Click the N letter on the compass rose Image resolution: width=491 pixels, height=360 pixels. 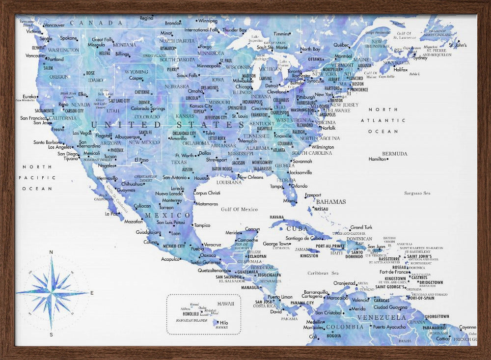point(51,252)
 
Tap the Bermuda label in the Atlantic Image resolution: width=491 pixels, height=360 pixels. point(395,153)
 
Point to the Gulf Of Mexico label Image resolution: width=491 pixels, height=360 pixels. point(239,209)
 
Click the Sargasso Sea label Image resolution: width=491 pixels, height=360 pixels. point(417,193)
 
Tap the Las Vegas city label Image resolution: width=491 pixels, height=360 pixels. point(82,133)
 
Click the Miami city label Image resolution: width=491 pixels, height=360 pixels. point(289,200)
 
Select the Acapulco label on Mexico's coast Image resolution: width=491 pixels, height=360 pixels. point(170,259)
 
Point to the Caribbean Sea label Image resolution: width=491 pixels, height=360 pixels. point(323,273)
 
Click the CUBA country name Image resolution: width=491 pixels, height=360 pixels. point(297,229)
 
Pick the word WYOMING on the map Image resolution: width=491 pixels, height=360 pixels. point(136,72)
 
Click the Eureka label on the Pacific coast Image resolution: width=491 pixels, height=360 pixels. point(29,97)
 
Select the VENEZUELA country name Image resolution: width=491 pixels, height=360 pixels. point(382,317)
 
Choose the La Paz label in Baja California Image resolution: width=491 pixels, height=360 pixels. point(111,214)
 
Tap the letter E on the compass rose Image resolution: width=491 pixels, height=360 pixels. point(92,293)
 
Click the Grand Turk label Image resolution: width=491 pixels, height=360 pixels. point(361,227)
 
